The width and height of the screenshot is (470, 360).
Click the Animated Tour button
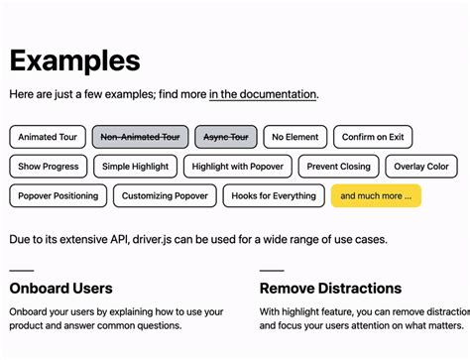pyautogui.click(x=47, y=137)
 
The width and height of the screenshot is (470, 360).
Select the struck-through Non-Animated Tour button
pyautogui.click(x=140, y=137)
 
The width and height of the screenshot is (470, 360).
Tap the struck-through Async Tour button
pyautogui.click(x=225, y=137)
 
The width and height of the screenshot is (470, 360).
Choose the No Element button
pyautogui.click(x=294, y=137)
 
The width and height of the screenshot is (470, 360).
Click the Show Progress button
pyautogui.click(x=49, y=167)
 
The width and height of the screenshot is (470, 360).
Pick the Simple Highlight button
pyautogui.click(x=136, y=167)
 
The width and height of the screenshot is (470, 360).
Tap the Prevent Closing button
pyautogui.click(x=338, y=167)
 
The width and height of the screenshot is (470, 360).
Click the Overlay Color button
pyautogui.click(x=421, y=167)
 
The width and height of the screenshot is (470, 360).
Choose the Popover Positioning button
pyautogui.click(x=59, y=196)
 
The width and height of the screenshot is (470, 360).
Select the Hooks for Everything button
pyautogui.click(x=273, y=196)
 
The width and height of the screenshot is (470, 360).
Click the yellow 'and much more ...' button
pyautogui.click(x=376, y=196)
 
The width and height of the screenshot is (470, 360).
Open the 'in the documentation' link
pyautogui.click(x=263, y=94)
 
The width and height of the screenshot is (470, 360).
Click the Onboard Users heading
pyautogui.click(x=60, y=289)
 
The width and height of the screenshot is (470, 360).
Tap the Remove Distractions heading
pyautogui.click(x=330, y=289)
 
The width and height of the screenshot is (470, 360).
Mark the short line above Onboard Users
pyautogui.click(x=21, y=269)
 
